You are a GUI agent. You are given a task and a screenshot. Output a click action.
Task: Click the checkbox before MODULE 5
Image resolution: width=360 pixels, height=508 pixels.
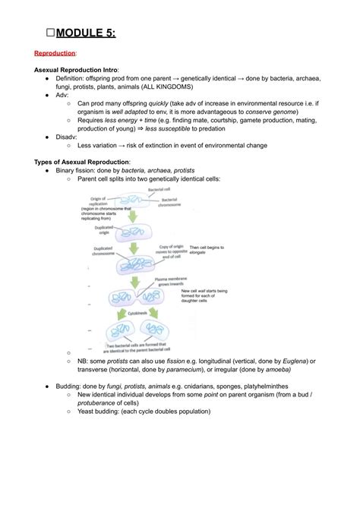click(49, 33)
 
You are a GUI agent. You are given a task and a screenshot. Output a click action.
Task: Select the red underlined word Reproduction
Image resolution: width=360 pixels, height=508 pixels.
click(55, 54)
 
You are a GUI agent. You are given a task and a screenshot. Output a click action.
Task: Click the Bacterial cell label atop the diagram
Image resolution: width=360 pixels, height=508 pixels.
click(159, 189)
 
